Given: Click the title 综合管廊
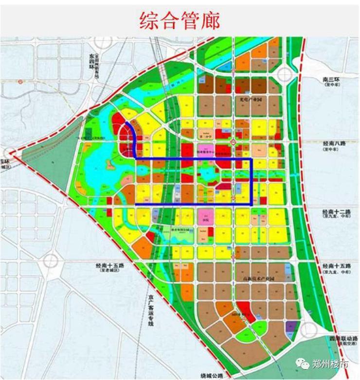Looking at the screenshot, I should (x=180, y=20).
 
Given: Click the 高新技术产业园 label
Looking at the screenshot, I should (x=257, y=278).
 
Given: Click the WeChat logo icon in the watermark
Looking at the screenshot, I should (x=304, y=363).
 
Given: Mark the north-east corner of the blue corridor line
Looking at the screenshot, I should (x=251, y=159).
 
